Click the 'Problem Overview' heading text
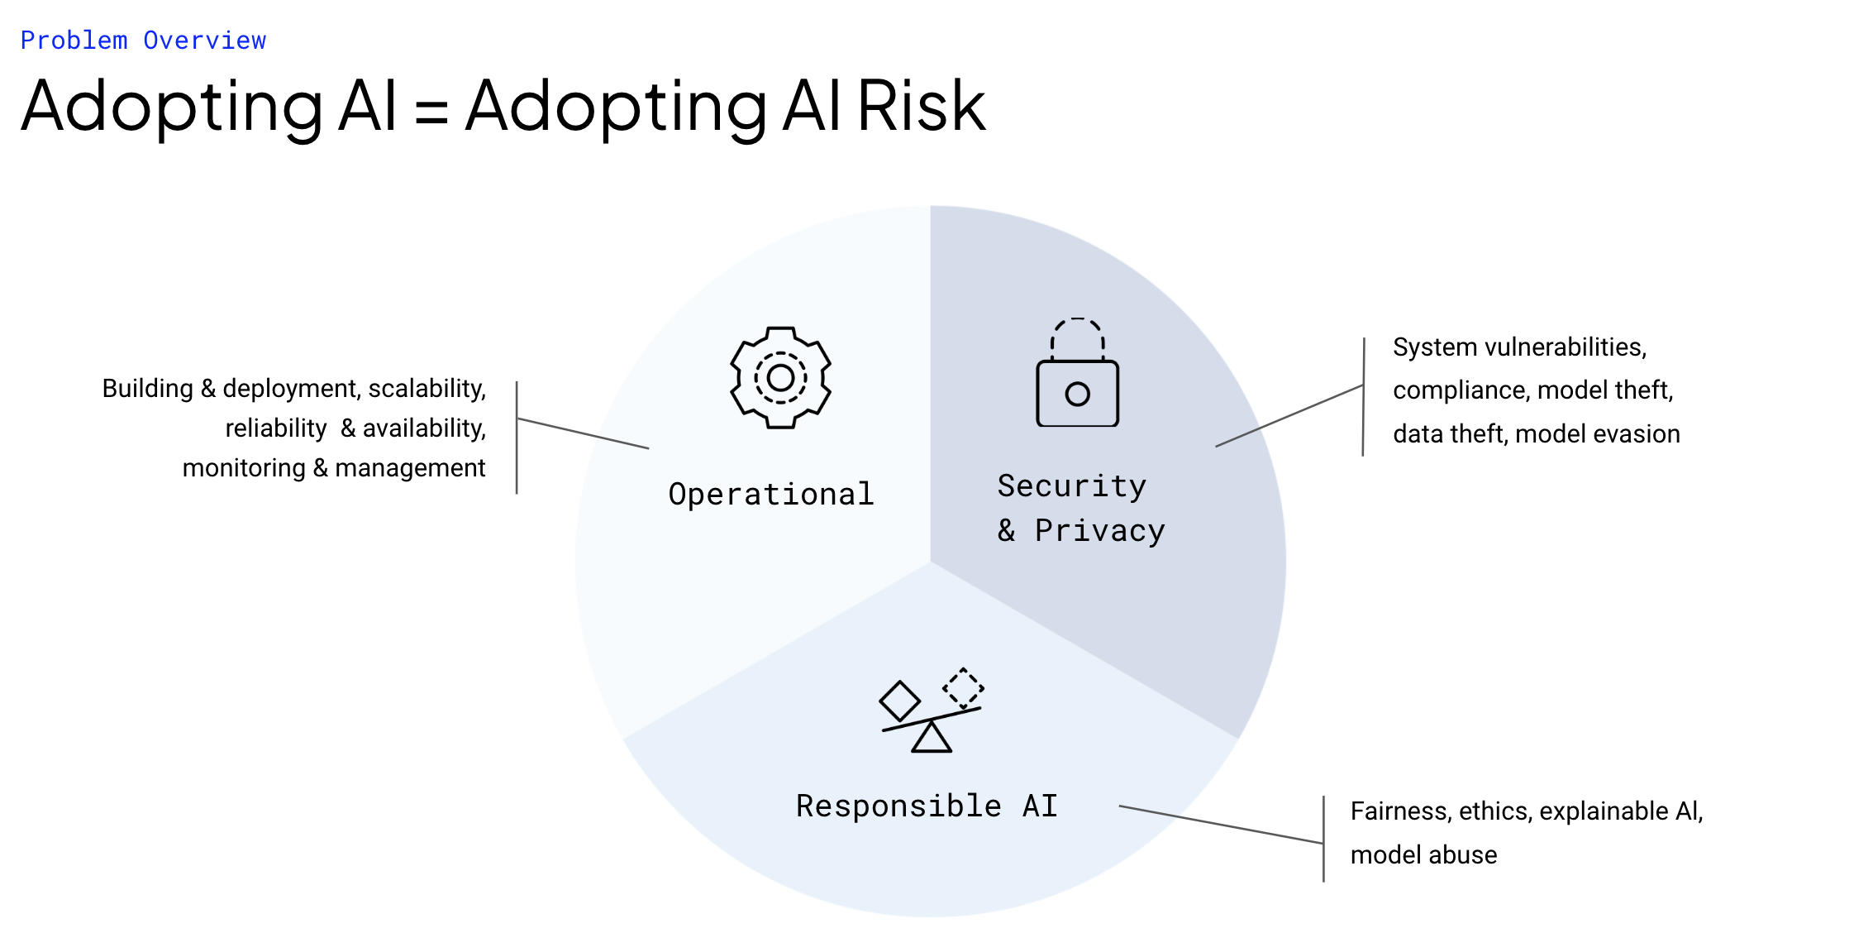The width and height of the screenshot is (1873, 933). click(143, 41)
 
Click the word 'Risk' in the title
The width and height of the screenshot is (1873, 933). click(922, 105)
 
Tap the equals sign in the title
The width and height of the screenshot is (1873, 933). click(431, 111)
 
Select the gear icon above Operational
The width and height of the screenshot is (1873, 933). click(780, 377)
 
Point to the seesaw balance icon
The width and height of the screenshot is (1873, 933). click(932, 711)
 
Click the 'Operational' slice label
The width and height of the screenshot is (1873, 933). click(771, 494)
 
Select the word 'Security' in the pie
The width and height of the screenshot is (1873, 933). click(1072, 486)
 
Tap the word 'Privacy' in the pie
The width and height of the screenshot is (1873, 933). click(1100, 531)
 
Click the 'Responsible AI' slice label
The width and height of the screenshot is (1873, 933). click(927, 806)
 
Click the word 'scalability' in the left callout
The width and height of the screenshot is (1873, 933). click(427, 389)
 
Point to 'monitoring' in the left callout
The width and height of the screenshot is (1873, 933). click(244, 468)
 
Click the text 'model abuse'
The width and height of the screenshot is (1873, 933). click(1424, 854)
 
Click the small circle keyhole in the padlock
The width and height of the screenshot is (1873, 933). click(1078, 394)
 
